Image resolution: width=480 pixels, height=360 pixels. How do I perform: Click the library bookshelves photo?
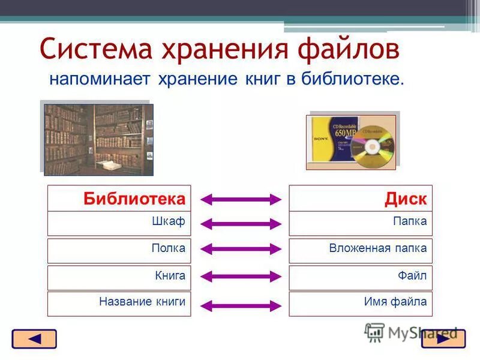point(98,139)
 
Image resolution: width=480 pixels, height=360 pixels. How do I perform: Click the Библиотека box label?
point(134,199)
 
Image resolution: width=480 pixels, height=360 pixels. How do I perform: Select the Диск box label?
point(406,199)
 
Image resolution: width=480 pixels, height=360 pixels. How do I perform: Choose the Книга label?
point(170,275)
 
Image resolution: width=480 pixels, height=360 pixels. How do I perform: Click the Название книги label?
point(142,302)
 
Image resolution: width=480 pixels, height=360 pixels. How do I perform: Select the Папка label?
point(410,221)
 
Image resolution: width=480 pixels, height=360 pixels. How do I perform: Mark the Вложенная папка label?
point(377,248)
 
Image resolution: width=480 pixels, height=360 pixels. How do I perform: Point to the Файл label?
point(412,275)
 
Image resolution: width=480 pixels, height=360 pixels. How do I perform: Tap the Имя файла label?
point(395,302)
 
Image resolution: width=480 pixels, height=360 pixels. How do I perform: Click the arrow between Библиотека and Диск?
point(240,199)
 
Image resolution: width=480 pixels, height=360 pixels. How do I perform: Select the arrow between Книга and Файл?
point(240,277)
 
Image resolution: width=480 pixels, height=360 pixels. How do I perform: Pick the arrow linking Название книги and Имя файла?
point(240,305)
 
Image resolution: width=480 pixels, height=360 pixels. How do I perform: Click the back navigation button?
point(34,339)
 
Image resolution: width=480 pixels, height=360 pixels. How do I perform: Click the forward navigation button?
point(443,339)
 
